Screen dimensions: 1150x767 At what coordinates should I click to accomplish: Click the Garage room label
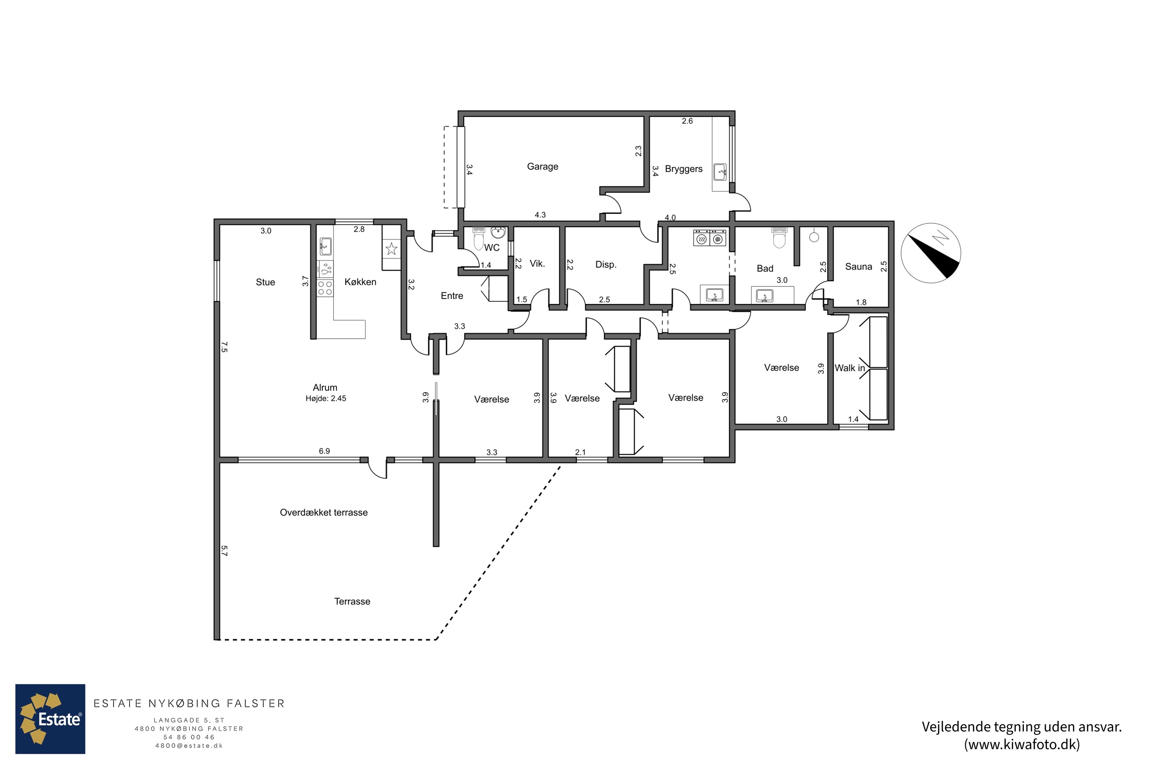(x=542, y=167)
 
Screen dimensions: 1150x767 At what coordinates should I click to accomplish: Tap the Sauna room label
(x=858, y=267)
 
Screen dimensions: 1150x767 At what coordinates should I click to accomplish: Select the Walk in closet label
(x=849, y=368)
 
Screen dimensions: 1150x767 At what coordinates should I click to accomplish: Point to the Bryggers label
(x=683, y=169)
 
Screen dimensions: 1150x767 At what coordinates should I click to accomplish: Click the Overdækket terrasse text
(x=324, y=513)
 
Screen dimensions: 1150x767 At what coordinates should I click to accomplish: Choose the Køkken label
(x=360, y=282)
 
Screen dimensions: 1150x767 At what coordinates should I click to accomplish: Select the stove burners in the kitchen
(x=325, y=288)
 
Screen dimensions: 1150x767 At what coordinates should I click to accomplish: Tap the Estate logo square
(x=50, y=719)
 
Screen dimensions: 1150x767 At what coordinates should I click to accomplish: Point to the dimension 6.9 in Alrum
(x=324, y=451)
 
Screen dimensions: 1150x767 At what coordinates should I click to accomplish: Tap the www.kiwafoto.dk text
(x=1022, y=744)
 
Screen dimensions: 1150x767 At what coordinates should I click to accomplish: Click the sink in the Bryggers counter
(x=720, y=172)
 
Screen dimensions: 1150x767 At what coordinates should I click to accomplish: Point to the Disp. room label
(x=606, y=265)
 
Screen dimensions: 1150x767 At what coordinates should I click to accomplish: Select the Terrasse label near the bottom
(x=352, y=602)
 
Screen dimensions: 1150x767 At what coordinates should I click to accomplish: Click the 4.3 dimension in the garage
(x=540, y=215)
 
